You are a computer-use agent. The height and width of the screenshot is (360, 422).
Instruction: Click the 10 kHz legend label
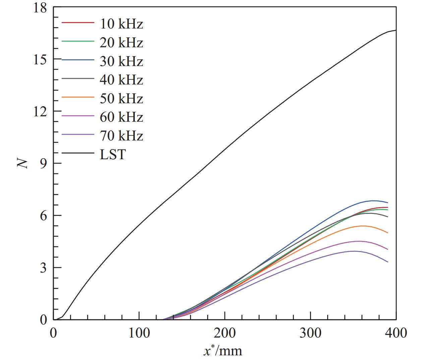pyautogui.click(x=121, y=24)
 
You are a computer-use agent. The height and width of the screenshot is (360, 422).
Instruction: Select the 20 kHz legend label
pyautogui.click(x=121, y=43)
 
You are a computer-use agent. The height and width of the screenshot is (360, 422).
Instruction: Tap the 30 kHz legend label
pyautogui.click(x=121, y=61)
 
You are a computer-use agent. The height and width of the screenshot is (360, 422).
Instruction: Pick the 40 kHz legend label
pyautogui.click(x=121, y=80)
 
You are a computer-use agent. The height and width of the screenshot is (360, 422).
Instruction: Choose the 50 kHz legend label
pyautogui.click(x=121, y=99)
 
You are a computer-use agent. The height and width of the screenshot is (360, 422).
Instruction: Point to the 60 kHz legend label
pyautogui.click(x=121, y=117)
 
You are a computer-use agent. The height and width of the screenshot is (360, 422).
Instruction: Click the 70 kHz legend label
pyautogui.click(x=121, y=136)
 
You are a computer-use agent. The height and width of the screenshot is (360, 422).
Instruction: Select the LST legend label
pyautogui.click(x=113, y=155)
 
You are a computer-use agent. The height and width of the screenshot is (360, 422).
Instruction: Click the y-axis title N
pyautogui.click(x=22, y=163)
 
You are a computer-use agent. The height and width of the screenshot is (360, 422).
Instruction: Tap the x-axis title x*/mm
pyautogui.click(x=223, y=350)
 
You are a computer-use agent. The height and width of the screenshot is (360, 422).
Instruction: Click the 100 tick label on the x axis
pyautogui.click(x=139, y=333)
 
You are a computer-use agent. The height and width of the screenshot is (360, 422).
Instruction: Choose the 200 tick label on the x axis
pyautogui.click(x=225, y=333)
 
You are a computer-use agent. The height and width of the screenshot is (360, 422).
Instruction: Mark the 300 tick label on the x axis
pyautogui.click(x=310, y=333)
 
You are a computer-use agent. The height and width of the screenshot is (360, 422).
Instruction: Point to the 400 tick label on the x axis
pyautogui.click(x=396, y=333)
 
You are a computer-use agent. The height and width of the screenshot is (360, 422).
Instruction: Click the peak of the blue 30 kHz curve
pyautogui.click(x=373, y=201)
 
